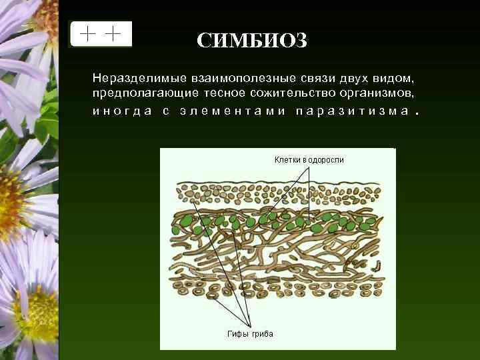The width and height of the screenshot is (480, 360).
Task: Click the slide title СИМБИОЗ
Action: (x=252, y=41)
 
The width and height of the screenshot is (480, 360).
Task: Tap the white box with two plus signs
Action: (x=101, y=34)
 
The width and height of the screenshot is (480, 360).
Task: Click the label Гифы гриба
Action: (x=247, y=333)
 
